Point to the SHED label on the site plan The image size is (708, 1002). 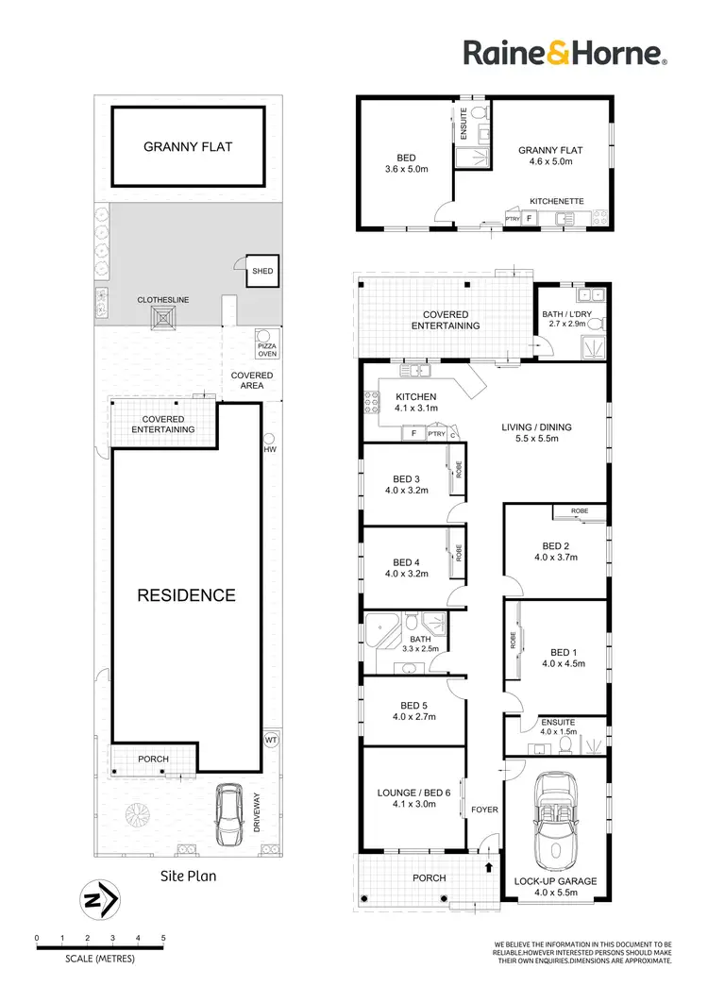click(261, 272)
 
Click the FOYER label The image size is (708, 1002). click(484, 810)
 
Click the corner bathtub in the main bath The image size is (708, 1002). click(379, 627)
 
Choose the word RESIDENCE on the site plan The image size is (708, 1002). click(186, 595)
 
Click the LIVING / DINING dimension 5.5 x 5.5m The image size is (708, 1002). click(535, 440)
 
